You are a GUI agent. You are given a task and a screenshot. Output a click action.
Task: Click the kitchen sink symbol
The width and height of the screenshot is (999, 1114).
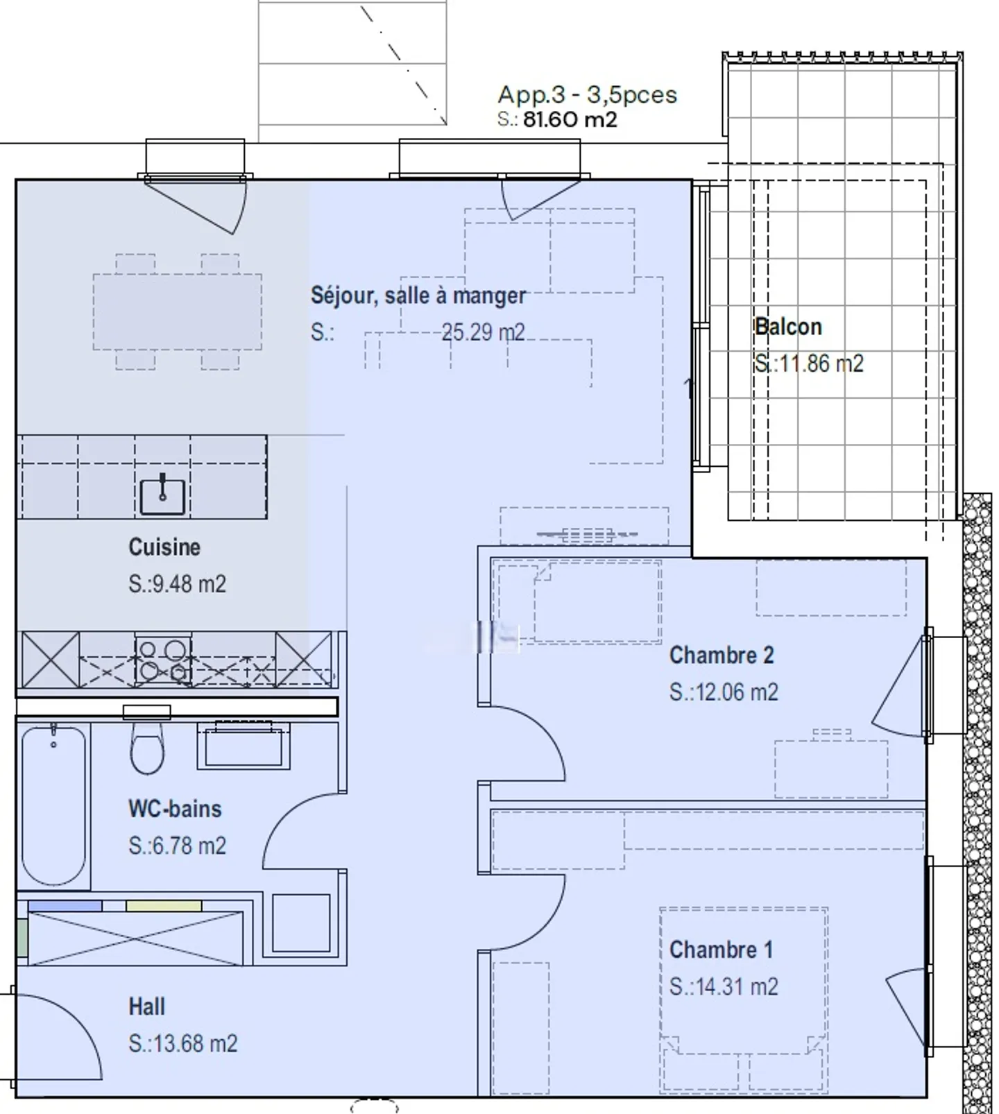coord(163,495)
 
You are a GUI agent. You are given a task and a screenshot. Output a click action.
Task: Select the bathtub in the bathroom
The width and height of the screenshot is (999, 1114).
coord(53,806)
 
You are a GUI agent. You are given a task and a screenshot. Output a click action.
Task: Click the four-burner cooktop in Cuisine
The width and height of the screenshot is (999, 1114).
coord(163,660)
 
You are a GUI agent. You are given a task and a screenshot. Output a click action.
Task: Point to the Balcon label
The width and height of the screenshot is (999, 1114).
coord(788,327)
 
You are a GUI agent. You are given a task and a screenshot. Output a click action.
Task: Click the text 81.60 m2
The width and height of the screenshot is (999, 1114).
coord(570,119)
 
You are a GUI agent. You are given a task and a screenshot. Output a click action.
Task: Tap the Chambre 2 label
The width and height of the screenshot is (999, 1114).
coord(721,655)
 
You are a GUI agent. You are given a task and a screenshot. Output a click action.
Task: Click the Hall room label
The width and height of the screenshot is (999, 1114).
coord(146,1006)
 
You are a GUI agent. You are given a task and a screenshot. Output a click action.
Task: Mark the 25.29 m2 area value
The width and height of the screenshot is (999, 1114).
coord(484,332)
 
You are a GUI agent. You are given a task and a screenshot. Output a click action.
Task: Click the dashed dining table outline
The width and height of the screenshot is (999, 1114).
coord(178,311)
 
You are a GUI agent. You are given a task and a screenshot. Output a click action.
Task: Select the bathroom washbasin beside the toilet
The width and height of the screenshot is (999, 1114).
coord(243,746)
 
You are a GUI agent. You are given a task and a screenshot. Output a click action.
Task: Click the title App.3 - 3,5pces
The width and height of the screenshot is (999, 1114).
coord(587,94)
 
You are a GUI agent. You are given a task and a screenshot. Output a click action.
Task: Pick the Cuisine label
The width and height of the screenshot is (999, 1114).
coord(164,547)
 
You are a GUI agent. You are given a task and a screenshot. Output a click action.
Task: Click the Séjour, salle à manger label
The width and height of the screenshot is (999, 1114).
coord(418,295)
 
